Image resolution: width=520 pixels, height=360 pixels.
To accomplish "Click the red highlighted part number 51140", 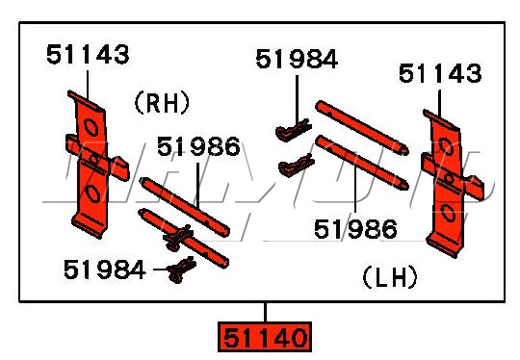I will point(266,338).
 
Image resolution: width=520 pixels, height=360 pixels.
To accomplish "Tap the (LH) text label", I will point(389,277).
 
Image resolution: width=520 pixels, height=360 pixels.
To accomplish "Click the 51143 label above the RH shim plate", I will point(88,55).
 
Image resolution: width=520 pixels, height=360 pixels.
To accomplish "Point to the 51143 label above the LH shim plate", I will point(441,73).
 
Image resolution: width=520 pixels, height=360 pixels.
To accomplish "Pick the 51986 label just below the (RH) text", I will point(198,147).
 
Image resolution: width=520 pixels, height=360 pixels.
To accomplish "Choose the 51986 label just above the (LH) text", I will point(355,228).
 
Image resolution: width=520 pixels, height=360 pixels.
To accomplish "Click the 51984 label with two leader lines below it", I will point(297,60).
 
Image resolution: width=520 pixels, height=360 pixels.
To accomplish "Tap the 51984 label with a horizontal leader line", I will point(104,270).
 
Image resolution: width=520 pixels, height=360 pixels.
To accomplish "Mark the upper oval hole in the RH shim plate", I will point(89,127).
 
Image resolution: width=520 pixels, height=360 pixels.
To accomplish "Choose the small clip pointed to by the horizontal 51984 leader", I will point(176,271).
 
